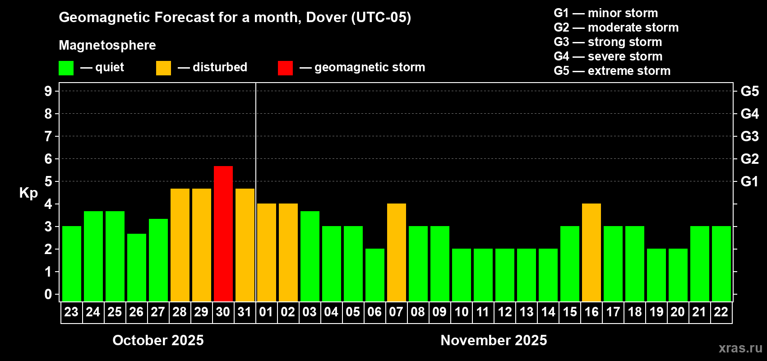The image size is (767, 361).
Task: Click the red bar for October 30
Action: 223,234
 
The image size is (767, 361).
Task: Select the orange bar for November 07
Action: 397,252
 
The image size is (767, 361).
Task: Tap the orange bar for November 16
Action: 591,252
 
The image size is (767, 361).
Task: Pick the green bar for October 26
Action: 137,268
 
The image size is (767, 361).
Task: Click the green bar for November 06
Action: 375,275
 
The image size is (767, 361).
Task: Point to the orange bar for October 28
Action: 180,245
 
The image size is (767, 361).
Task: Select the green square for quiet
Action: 66,68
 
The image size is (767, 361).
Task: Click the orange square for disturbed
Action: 163,68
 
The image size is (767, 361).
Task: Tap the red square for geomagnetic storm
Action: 285,68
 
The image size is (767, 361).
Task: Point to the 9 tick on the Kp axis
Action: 48,91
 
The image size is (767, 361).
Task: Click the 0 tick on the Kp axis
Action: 48,295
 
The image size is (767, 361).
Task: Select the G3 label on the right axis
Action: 749,136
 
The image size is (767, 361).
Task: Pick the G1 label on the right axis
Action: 749,181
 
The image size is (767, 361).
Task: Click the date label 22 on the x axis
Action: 721,312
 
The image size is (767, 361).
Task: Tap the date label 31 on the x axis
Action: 245,312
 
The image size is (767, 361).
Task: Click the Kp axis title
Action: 28,193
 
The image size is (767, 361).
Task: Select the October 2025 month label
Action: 158,340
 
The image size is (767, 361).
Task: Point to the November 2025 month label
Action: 494,340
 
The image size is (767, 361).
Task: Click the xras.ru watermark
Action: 740,348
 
